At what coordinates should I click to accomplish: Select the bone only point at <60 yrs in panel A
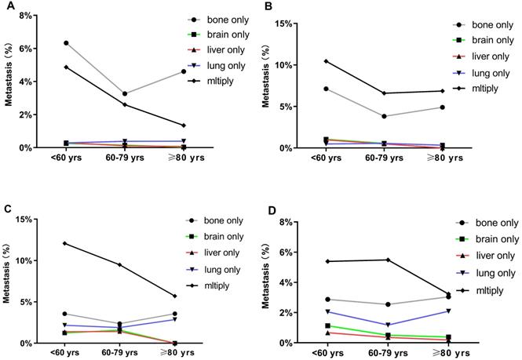coord(66,42)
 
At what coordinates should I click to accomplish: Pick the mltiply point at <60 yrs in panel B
coord(326,61)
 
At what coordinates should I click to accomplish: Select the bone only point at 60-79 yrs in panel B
coord(383,116)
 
